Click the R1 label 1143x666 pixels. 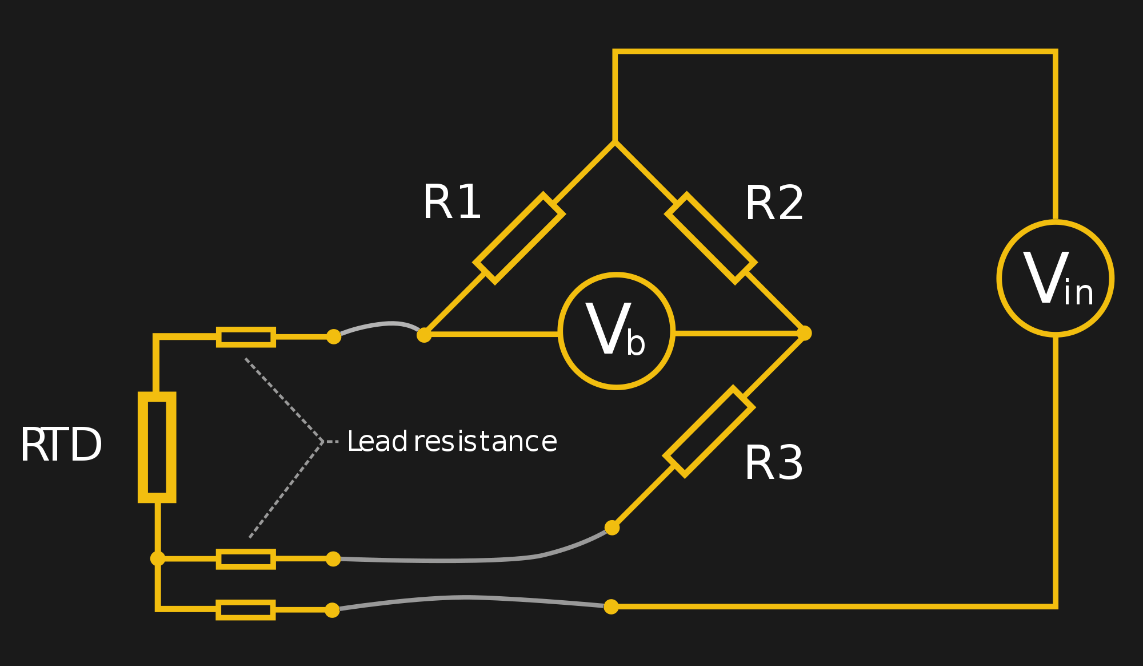(x=452, y=202)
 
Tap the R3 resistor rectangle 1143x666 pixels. (x=709, y=431)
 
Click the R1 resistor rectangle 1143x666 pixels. (x=519, y=238)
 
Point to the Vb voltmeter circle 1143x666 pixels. (x=616, y=331)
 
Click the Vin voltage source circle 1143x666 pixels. (x=1055, y=278)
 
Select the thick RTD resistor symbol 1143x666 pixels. (x=157, y=447)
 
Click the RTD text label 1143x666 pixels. (x=61, y=445)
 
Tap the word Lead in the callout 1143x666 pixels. (x=377, y=442)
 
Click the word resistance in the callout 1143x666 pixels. (x=485, y=442)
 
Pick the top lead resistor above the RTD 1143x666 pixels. (x=246, y=337)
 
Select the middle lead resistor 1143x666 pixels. (x=246, y=559)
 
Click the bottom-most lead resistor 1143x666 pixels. (x=246, y=610)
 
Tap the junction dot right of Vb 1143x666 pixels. (x=804, y=333)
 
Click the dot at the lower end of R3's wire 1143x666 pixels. (x=612, y=528)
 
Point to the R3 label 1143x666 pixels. (x=773, y=463)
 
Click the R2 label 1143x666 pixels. (x=774, y=203)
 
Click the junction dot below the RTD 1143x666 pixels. (x=158, y=558)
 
